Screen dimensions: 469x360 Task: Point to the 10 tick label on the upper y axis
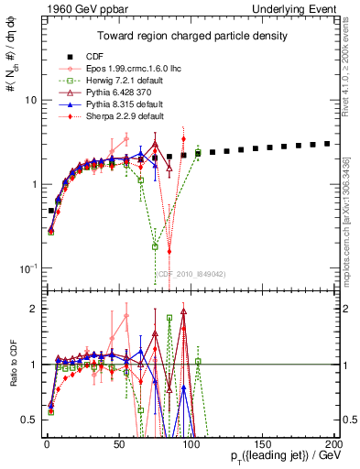[x=29, y=99]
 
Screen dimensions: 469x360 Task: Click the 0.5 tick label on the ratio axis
[x=27, y=420]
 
